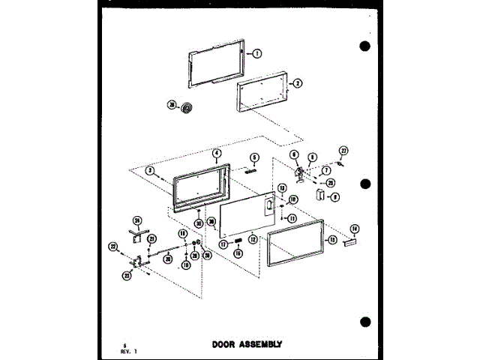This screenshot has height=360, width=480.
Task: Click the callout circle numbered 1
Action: [x=256, y=53]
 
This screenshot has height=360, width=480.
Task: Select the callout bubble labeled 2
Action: [x=298, y=83]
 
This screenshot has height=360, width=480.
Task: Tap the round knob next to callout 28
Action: [x=187, y=109]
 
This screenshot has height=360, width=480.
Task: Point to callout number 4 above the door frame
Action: [x=217, y=153]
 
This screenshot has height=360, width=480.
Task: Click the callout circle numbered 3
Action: [x=150, y=171]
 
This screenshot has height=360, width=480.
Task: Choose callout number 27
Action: [x=344, y=151]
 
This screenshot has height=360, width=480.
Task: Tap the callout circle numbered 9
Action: [x=335, y=197]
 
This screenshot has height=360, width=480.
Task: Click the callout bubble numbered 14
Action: [x=355, y=228]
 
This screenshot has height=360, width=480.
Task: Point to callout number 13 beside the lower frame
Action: [x=331, y=240]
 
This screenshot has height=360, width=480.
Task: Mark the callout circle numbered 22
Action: [x=112, y=246]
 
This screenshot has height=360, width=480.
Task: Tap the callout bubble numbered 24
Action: [x=137, y=220]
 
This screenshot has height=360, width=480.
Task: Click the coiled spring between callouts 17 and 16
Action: [x=238, y=241]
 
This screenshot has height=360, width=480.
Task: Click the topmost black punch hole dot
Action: [x=365, y=46]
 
